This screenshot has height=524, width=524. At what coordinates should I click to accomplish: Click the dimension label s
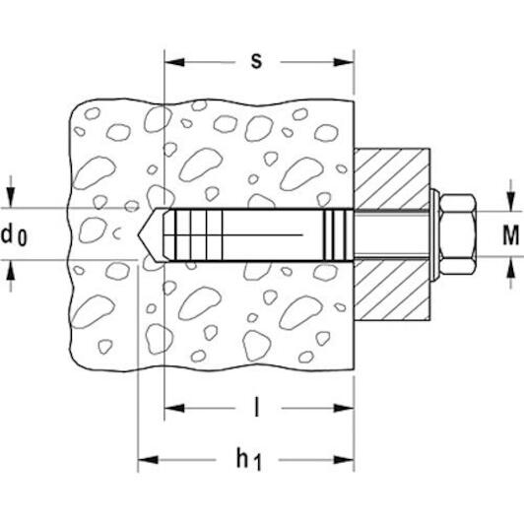click(256, 61)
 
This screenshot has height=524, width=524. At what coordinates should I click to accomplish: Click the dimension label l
click(256, 407)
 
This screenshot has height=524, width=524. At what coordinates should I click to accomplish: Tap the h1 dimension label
click(248, 460)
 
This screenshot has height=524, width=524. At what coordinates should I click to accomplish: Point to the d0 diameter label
click(14, 235)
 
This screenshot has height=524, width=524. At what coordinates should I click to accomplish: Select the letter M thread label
click(511, 235)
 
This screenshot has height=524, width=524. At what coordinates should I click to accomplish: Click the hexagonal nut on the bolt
click(457, 234)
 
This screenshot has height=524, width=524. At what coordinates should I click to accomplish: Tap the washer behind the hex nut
click(434, 234)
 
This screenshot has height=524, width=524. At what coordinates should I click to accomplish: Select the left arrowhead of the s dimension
click(174, 62)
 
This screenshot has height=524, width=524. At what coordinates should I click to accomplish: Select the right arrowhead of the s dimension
click(344, 62)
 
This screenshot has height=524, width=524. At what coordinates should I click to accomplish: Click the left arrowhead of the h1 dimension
click(148, 460)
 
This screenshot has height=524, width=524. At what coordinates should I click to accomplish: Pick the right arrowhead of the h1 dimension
click(344, 460)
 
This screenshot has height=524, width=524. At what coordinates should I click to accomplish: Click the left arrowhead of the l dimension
click(174, 408)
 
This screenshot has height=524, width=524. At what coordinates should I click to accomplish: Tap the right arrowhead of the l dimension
click(344, 408)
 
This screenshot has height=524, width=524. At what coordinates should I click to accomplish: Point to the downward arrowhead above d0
click(11, 197)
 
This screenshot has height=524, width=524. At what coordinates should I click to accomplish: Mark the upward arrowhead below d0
click(11, 270)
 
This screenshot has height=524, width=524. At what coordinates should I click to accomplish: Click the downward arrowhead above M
click(510, 202)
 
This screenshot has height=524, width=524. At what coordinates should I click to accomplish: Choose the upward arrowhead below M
click(510, 267)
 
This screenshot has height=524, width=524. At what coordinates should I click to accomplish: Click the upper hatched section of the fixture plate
click(392, 178)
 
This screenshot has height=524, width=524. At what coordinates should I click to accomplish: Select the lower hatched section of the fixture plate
click(392, 290)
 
